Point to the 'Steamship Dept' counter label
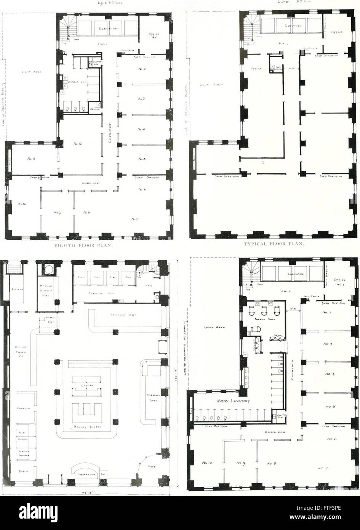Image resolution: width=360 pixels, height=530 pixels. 124,315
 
